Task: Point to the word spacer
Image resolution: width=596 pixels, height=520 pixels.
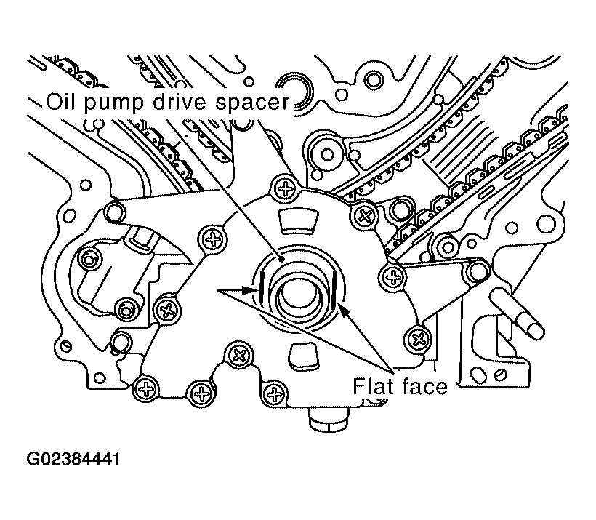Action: pyautogui.click(x=252, y=103)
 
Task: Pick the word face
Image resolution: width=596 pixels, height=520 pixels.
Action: pyautogui.click(x=424, y=386)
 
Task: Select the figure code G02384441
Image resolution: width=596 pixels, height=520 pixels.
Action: pyautogui.click(x=73, y=459)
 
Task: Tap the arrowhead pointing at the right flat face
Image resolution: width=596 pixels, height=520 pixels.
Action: pyautogui.click(x=343, y=311)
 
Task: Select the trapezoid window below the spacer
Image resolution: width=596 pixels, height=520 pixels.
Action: pyautogui.click(x=303, y=357)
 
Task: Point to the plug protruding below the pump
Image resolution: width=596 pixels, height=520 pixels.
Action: pyautogui.click(x=328, y=420)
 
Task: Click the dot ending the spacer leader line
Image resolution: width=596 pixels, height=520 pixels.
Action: pyautogui.click(x=281, y=260)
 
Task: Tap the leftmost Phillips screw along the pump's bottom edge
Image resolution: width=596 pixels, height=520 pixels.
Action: pyautogui.click(x=145, y=389)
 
